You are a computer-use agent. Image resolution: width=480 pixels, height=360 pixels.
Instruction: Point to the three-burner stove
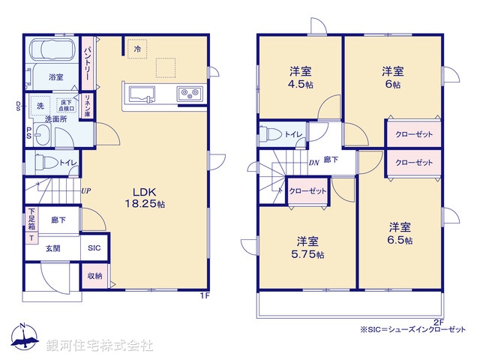(x=188, y=94)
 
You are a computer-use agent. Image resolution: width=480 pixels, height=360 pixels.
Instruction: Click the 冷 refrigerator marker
(x=137, y=49)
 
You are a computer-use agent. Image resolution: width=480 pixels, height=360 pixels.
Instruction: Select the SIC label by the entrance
(x=94, y=247)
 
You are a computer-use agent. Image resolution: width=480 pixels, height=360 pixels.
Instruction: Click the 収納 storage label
(x=94, y=275)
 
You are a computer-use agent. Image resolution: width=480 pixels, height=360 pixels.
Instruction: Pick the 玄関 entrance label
(x=52, y=247)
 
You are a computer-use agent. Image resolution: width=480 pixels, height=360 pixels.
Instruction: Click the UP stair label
(x=86, y=190)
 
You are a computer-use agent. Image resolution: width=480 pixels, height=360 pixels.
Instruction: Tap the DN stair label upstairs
(x=313, y=163)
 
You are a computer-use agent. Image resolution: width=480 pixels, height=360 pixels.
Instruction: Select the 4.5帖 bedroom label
(x=301, y=78)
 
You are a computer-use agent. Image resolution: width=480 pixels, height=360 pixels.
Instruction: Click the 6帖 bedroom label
(x=392, y=78)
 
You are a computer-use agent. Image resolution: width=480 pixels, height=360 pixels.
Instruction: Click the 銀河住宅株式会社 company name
(x=99, y=346)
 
